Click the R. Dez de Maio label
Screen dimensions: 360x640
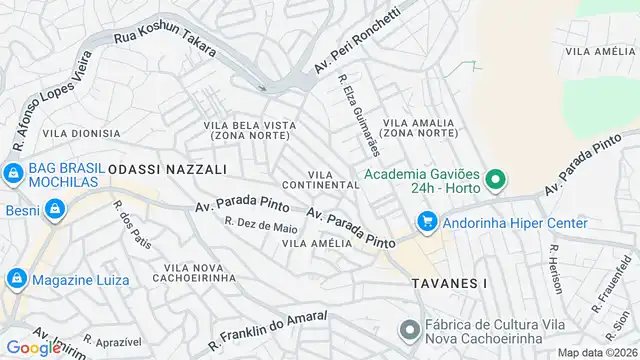point(261,226)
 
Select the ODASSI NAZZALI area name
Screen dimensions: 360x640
point(167,170)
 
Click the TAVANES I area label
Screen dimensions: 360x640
point(448,284)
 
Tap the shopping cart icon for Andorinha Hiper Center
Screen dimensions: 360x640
point(427,222)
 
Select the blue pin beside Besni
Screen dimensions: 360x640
point(54,209)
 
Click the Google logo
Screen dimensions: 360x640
point(34,347)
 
